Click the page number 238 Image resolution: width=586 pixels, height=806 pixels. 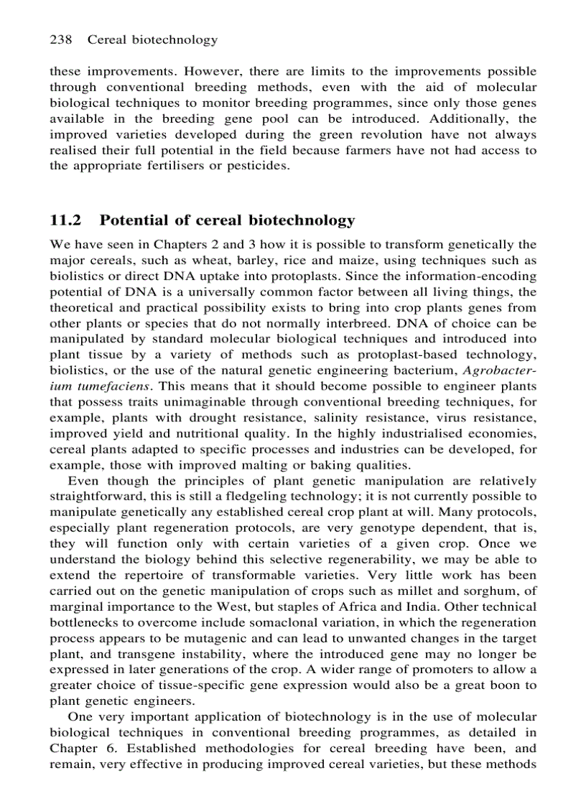click(60, 39)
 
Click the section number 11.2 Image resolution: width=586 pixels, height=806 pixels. click(65, 220)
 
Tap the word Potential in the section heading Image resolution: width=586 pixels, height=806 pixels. click(134, 220)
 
